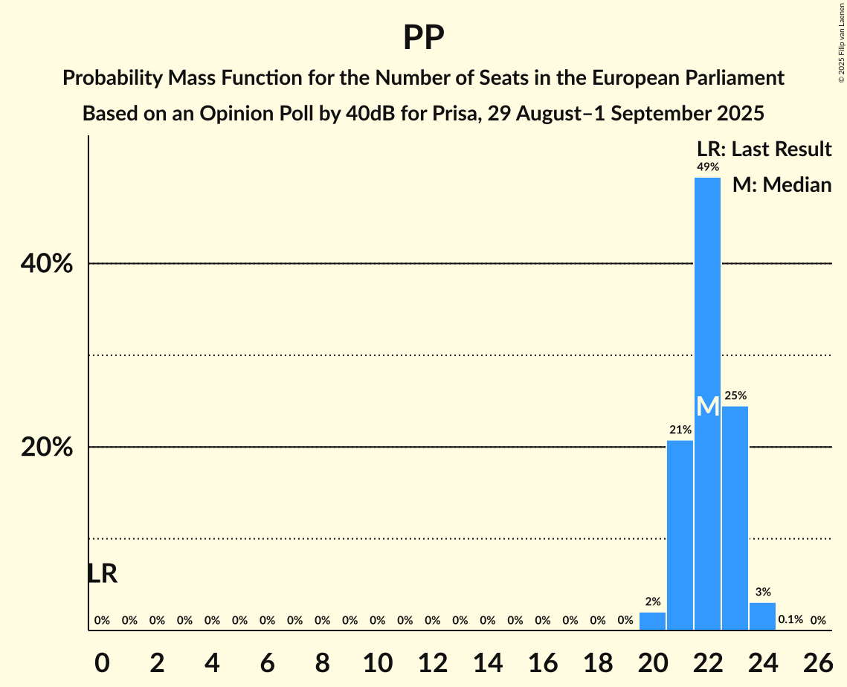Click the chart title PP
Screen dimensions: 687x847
(x=423, y=37)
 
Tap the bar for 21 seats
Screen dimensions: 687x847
(x=680, y=535)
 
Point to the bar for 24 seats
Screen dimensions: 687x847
(x=762, y=616)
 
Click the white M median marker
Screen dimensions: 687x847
(x=708, y=407)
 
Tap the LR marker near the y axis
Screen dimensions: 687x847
(x=102, y=573)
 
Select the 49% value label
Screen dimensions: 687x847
(x=707, y=167)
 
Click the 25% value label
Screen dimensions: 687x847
(x=735, y=396)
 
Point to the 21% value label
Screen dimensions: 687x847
(x=680, y=430)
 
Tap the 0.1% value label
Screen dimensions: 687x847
(x=790, y=619)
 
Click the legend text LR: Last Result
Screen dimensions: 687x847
(x=764, y=149)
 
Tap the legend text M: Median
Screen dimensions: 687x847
(x=782, y=184)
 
